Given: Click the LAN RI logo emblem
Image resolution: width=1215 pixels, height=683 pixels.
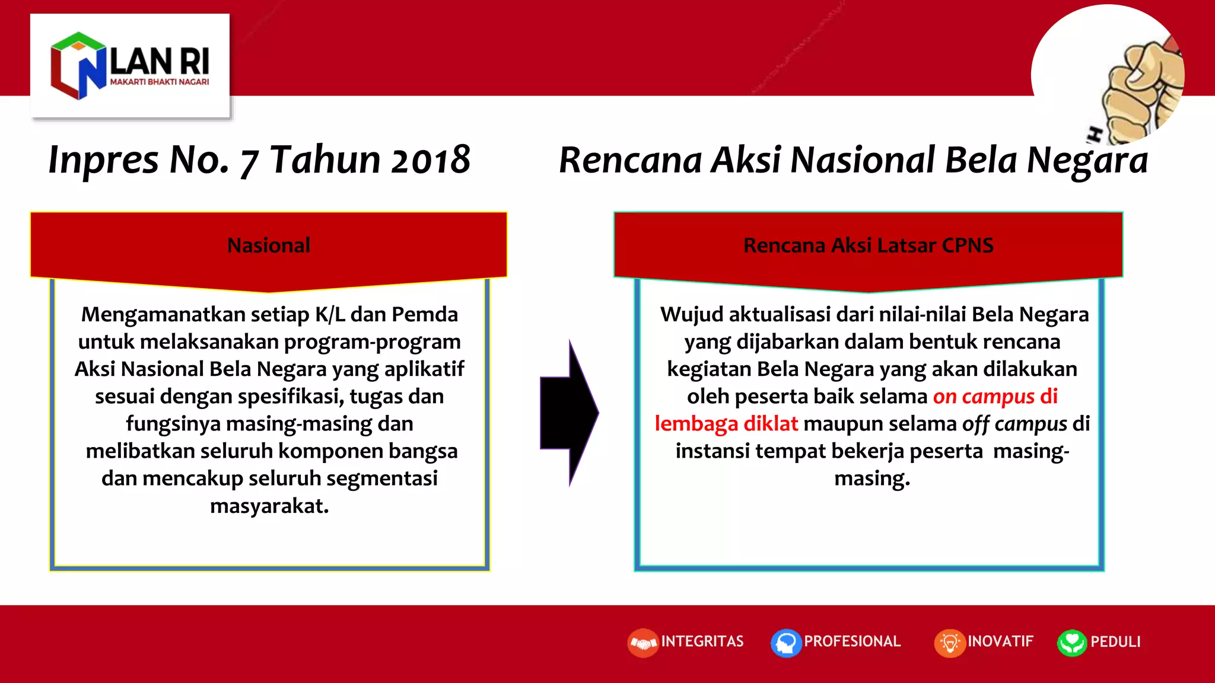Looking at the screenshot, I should point(77,65).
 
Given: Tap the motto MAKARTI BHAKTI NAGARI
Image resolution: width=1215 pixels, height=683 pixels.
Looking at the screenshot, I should point(159,82).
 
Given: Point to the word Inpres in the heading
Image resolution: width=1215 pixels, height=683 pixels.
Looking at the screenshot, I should point(103,160).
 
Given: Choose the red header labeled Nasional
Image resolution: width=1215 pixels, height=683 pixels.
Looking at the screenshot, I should point(268,245).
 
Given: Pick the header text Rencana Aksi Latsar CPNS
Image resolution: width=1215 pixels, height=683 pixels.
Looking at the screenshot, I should point(868,245).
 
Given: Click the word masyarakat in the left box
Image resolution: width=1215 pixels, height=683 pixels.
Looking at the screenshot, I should point(268,506).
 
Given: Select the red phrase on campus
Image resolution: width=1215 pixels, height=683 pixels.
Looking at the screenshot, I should point(984,396).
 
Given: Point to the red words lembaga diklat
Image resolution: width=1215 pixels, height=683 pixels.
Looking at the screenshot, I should point(726,423).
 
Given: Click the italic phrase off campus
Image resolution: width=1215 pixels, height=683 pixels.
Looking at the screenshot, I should point(1014,423).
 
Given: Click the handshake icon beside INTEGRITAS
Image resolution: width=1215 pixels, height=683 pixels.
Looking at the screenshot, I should point(643,643).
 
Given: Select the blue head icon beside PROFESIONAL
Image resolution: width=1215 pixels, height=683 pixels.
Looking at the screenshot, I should point(786,643).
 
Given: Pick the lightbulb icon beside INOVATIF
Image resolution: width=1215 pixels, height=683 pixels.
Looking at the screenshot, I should point(950,643).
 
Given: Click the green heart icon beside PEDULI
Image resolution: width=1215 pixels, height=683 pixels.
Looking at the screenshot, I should point(1071,643).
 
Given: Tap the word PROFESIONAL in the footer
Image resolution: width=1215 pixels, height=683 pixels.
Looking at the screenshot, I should point(852,641).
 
